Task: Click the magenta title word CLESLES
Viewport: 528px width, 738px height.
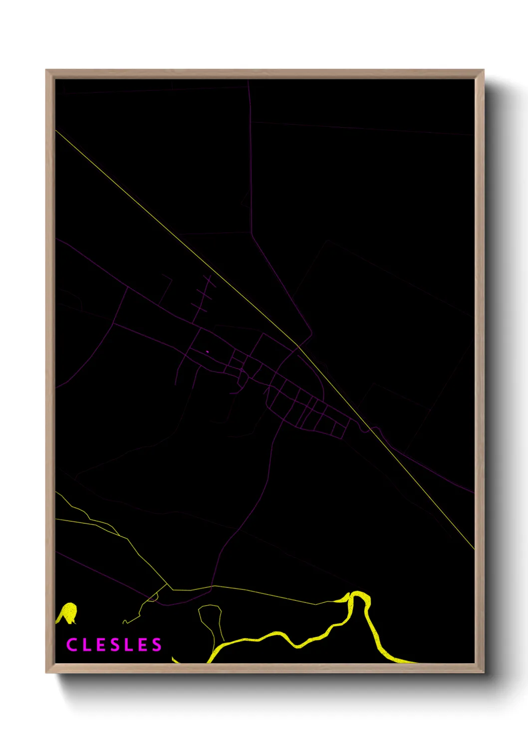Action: pos(114,645)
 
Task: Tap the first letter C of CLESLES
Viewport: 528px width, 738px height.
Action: pos(72,645)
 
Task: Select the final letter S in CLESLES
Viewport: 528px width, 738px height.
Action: pos(157,645)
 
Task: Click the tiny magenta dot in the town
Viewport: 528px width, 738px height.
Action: pos(207,352)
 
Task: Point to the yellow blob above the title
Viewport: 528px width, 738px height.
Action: pos(67,613)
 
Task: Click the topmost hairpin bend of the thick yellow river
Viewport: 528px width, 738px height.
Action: pos(357,594)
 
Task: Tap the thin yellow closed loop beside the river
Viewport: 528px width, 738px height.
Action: pos(211,621)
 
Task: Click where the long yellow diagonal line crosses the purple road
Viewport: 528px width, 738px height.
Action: pos(298,346)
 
